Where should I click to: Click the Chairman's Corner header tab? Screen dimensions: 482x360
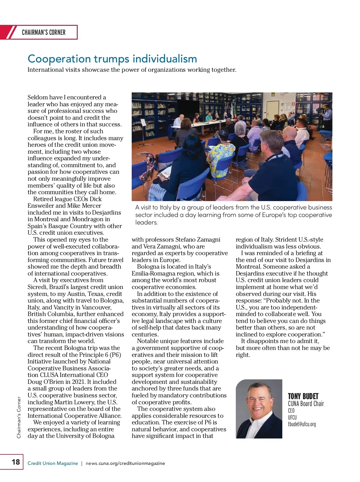pyautogui.click(x=43, y=32)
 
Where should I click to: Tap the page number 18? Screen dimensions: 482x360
pyautogui.click(x=16, y=462)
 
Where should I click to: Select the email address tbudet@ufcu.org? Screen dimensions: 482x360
pyautogui.click(x=302, y=424)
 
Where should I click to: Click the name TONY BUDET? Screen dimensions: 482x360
pyautogui.click(x=303, y=396)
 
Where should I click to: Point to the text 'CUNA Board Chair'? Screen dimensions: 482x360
pyautogui.click(x=306, y=404)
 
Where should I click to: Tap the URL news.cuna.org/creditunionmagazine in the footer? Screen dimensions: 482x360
pyautogui.click(x=125, y=463)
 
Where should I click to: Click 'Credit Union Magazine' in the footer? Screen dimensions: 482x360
pyautogui.click(x=53, y=463)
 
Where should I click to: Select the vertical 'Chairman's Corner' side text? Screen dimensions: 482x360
pyautogui.click(x=19, y=417)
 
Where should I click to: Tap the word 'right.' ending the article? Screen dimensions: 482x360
pyautogui.click(x=243, y=355)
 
